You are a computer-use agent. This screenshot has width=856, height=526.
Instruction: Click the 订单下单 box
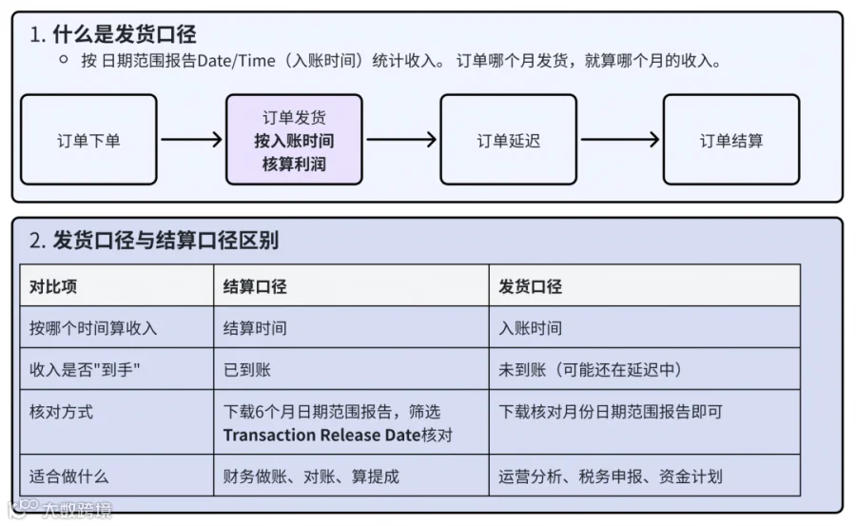(89, 140)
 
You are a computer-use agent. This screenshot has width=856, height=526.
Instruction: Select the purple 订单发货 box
(294, 140)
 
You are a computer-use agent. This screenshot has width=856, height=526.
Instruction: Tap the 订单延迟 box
(508, 140)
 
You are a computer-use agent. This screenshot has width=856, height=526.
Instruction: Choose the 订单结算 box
(731, 140)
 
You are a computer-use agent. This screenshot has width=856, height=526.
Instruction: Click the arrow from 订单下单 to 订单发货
(191, 139)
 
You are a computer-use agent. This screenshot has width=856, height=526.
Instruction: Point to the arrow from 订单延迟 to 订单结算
(620, 139)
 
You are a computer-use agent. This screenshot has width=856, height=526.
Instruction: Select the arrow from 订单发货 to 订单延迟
(401, 139)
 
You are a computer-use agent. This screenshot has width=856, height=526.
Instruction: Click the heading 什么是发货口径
(125, 34)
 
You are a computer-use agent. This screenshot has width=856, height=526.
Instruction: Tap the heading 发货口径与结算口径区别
(165, 241)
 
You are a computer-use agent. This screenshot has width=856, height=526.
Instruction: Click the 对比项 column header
(53, 286)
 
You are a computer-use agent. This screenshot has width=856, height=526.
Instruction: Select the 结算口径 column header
(255, 286)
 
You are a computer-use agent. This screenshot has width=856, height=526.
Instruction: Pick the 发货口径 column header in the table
(530, 286)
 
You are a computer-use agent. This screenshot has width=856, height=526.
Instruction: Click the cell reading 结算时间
(255, 328)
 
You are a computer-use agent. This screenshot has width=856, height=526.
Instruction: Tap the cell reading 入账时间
(530, 328)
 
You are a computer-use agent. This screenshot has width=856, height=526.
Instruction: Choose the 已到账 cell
(247, 370)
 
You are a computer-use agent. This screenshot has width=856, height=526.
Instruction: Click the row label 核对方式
(61, 411)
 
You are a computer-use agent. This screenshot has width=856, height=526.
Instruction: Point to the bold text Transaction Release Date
(321, 435)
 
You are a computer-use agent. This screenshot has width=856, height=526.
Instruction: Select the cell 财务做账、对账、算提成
(311, 477)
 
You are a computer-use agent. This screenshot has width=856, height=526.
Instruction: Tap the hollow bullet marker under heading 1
(64, 60)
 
